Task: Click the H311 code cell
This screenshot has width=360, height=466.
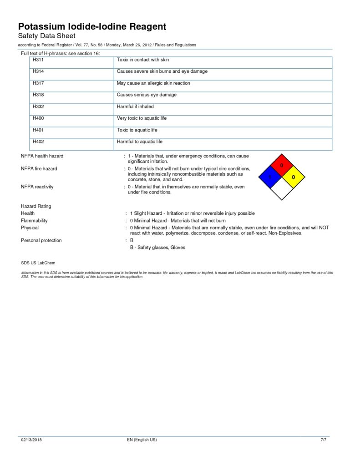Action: [x=38, y=60]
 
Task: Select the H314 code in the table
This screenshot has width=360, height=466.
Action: [x=38, y=71]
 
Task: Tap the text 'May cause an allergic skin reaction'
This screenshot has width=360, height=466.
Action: [x=153, y=83]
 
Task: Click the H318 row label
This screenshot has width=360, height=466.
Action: [x=38, y=95]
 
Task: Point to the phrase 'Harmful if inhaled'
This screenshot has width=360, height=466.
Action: [x=135, y=106]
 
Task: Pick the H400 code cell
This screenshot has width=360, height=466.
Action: [x=38, y=118]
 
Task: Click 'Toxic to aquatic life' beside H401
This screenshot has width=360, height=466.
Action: [x=137, y=130]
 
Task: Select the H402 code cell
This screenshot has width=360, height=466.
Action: [x=38, y=142]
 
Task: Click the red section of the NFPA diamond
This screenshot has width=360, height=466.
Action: [x=282, y=165]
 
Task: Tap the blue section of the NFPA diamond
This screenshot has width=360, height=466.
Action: [x=270, y=177]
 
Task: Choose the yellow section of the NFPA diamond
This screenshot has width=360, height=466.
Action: [x=294, y=177]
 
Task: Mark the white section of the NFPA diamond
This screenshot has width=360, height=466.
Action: [x=282, y=188]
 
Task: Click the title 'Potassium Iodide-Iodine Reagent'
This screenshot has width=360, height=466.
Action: [x=92, y=26]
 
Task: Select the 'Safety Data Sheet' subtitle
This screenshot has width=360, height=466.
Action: [x=46, y=35]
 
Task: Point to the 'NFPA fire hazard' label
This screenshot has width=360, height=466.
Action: [x=39, y=168]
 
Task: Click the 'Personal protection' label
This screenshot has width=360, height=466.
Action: [x=41, y=240]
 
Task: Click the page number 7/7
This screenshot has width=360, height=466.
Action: [x=324, y=440]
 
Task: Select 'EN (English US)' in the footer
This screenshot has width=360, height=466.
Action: [x=142, y=440]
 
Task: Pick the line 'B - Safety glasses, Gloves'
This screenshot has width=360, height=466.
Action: [x=157, y=248]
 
